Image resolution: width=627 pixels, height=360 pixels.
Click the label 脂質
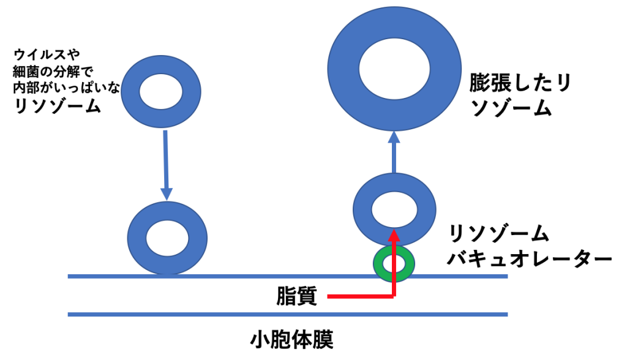point(296,296)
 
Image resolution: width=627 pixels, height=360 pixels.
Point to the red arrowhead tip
point(394,232)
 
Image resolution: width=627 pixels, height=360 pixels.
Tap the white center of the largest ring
point(394,67)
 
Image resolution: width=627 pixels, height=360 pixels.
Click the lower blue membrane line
point(288,315)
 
